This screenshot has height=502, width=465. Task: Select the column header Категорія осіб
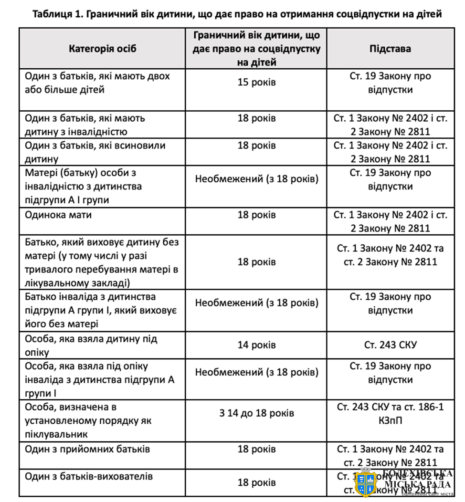click(102, 49)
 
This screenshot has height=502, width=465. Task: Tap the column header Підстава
click(390, 49)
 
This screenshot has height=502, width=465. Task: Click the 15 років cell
click(256, 83)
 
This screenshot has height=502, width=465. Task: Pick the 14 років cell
click(256, 345)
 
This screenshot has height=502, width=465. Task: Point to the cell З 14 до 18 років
click(256, 413)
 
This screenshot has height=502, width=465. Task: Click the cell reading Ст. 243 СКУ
click(390, 345)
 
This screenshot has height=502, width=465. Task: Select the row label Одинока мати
click(59, 215)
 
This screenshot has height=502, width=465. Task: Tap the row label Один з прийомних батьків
click(87, 450)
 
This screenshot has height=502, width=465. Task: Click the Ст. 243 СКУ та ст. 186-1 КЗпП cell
click(390, 413)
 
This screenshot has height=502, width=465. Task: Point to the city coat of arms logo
click(367, 483)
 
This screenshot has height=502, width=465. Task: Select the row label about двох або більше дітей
click(97, 83)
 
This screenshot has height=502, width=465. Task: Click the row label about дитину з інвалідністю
click(86, 125)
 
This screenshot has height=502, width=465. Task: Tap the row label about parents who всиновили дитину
click(95, 152)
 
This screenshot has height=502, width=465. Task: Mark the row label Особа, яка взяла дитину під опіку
click(91, 345)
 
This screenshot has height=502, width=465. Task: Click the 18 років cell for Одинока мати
click(256, 215)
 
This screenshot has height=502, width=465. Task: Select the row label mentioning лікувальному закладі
click(102, 262)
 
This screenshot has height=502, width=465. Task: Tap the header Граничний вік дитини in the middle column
click(256, 49)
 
